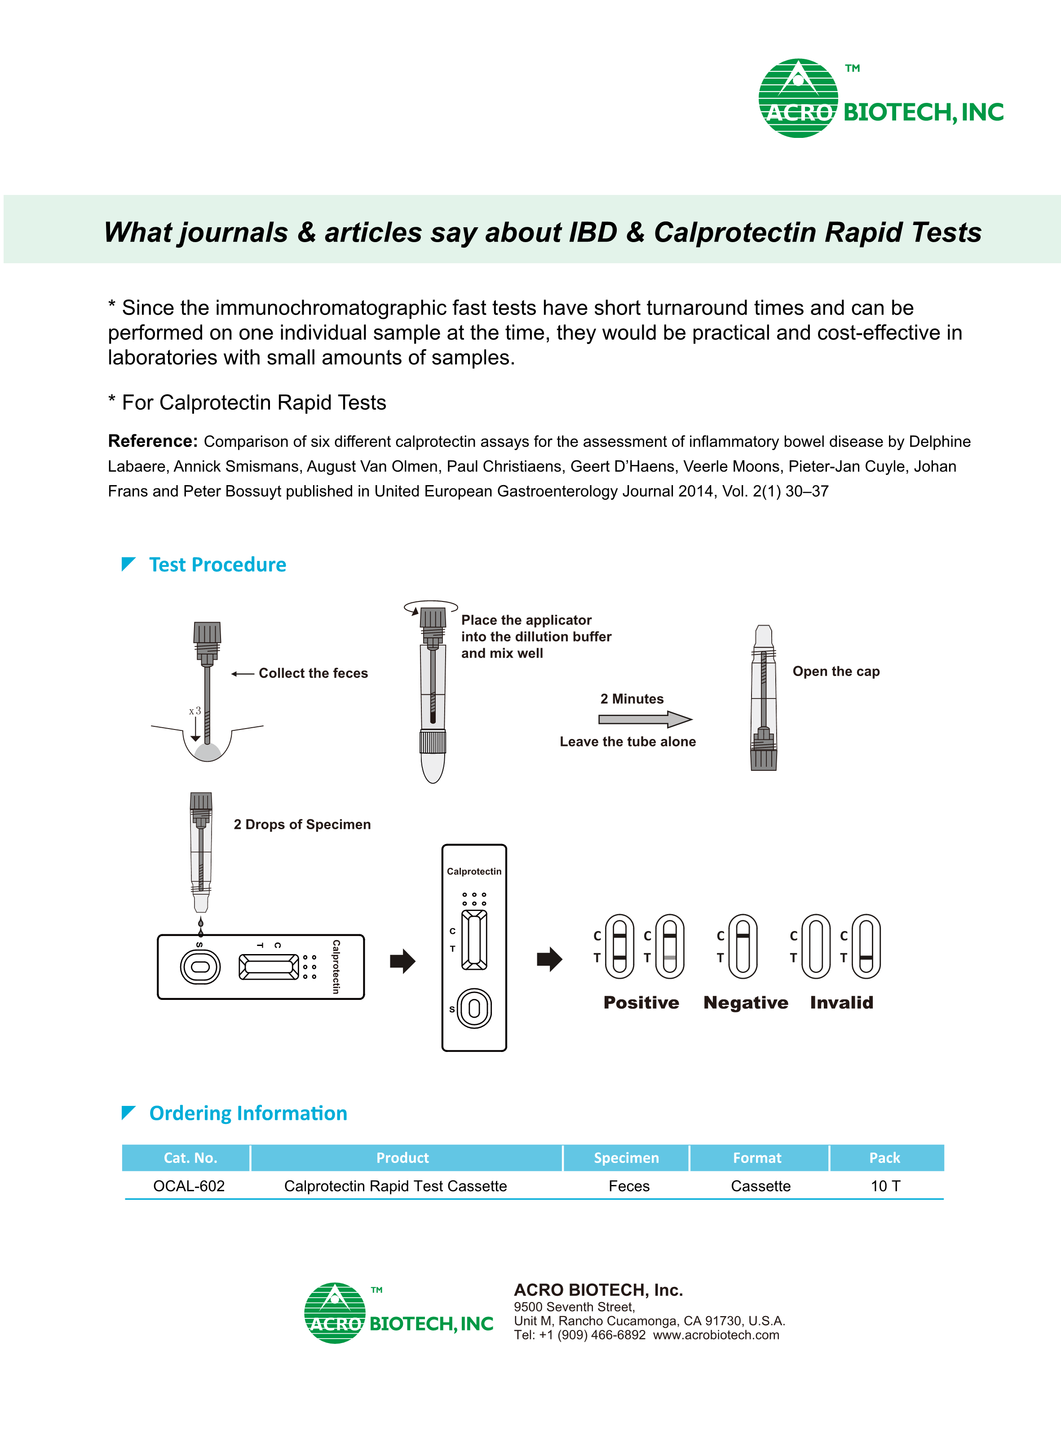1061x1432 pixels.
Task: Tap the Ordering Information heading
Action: pos(248,1113)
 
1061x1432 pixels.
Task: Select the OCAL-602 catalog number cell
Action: pos(189,1186)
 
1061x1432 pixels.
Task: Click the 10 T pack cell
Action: pos(885,1186)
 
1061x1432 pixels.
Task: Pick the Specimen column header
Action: pos(626,1158)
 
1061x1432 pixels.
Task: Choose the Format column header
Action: pos(757,1158)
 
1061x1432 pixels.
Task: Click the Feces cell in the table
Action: pos(629,1186)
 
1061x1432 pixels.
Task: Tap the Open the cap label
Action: pos(836,671)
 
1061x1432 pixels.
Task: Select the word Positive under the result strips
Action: pos(641,1003)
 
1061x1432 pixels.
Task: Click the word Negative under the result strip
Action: pos(746,1003)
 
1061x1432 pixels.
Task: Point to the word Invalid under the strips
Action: pos(841,1003)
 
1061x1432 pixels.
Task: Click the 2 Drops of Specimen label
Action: pos(302,825)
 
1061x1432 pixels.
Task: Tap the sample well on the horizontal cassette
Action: pos(200,967)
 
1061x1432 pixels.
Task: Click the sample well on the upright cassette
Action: pos(474,1008)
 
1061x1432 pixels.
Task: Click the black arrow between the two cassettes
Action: pos(402,961)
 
